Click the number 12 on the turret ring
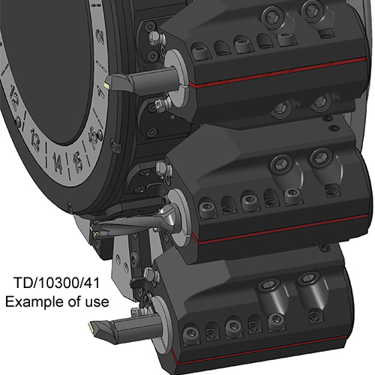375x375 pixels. (x=14, y=98)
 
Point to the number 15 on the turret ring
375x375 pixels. (x=77, y=163)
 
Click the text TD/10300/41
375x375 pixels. (x=56, y=283)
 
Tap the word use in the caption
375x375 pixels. (x=97, y=302)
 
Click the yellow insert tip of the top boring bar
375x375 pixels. (x=107, y=85)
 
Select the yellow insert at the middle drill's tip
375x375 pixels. (x=95, y=234)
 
